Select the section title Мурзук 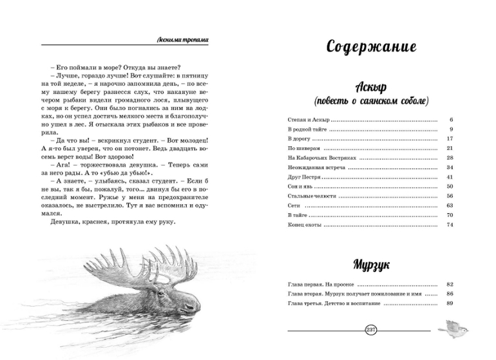371,265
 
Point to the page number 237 370,330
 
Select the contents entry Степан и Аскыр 307,120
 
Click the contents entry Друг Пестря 303,177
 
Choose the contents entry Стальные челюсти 312,196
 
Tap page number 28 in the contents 450,158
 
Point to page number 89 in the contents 450,303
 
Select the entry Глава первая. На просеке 321,284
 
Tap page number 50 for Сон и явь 450,186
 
